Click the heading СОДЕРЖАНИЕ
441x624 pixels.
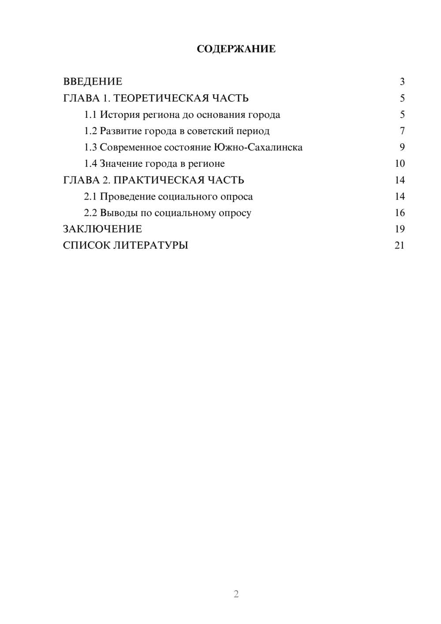coord(236,49)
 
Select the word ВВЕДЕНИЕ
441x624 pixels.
coord(93,82)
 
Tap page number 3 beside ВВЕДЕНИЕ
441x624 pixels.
coord(402,82)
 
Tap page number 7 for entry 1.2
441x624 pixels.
coord(402,131)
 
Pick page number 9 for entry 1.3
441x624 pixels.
coord(402,147)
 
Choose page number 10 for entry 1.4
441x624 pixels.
coord(400,164)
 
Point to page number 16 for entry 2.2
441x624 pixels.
coord(400,213)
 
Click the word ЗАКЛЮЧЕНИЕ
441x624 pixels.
coord(102,229)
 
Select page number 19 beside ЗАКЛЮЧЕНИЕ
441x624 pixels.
coord(400,229)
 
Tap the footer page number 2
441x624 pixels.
coord(236,594)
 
